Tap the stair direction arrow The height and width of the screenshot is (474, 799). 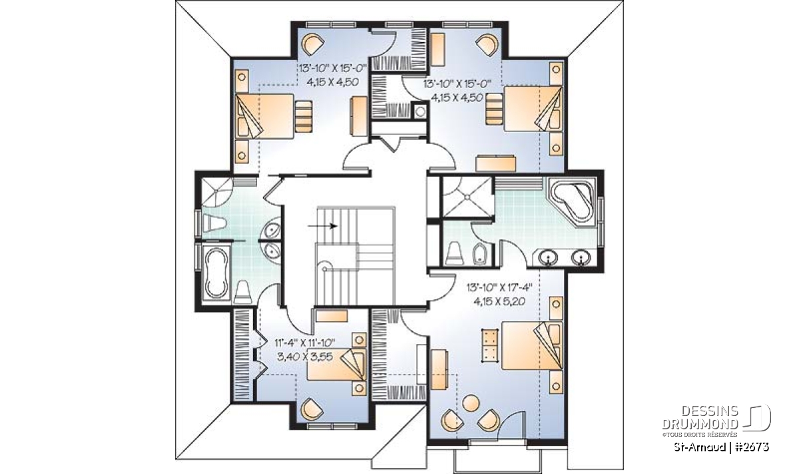point(323,226)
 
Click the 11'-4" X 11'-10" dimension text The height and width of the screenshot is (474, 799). point(305,343)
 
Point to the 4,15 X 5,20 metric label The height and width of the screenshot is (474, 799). point(500,302)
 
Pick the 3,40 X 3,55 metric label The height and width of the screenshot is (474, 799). point(305,357)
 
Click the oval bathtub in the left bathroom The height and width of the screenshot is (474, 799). point(216,273)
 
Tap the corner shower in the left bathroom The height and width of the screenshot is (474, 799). point(216,192)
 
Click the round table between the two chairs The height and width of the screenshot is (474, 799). point(471,403)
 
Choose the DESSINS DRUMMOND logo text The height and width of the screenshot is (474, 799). point(700,418)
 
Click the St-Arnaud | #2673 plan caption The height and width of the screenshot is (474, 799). point(721,447)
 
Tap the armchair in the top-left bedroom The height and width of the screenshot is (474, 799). point(313,44)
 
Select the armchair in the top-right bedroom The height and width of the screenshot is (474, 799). point(487,44)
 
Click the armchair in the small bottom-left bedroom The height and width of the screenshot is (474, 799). point(312,409)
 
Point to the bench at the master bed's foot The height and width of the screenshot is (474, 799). point(490,346)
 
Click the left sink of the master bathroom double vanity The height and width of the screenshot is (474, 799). point(548,257)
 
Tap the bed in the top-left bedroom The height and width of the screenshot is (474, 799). point(264,116)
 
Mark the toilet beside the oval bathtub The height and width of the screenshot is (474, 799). point(242,292)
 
